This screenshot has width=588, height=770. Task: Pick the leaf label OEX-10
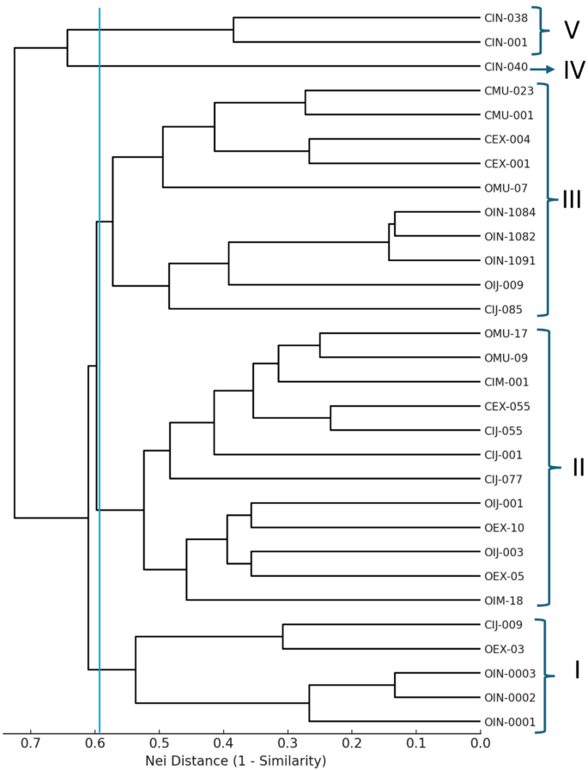click(504, 527)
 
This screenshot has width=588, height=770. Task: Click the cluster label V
click(571, 30)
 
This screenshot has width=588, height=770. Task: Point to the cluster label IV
click(573, 70)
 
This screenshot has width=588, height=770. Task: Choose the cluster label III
click(571, 200)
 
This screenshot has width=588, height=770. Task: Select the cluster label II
click(577, 467)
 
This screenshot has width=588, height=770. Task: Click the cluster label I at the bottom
click(576, 670)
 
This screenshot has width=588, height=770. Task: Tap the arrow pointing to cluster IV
click(543, 69)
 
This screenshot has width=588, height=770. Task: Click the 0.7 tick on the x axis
click(31, 743)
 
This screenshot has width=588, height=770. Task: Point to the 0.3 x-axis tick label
click(288, 743)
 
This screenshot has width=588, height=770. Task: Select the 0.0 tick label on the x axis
click(481, 743)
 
